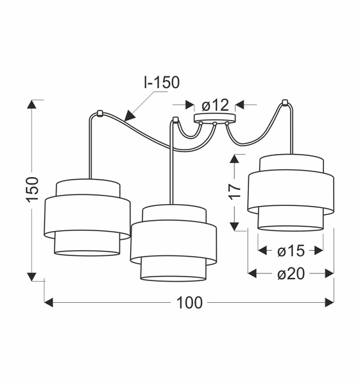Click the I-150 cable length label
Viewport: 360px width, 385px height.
coord(162,83)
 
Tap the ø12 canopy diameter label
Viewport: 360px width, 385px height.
coord(216,105)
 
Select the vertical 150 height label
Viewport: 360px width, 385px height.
coord(33,189)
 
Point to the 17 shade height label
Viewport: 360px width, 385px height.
coord(235,191)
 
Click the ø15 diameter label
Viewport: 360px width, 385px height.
coord(291,251)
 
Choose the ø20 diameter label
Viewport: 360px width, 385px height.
coord(291,273)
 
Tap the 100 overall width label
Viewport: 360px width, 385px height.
coord(189,303)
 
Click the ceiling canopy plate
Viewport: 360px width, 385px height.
coord(214,117)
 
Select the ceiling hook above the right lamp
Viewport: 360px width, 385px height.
coord(285,102)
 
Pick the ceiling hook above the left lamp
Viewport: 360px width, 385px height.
coord(99,114)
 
